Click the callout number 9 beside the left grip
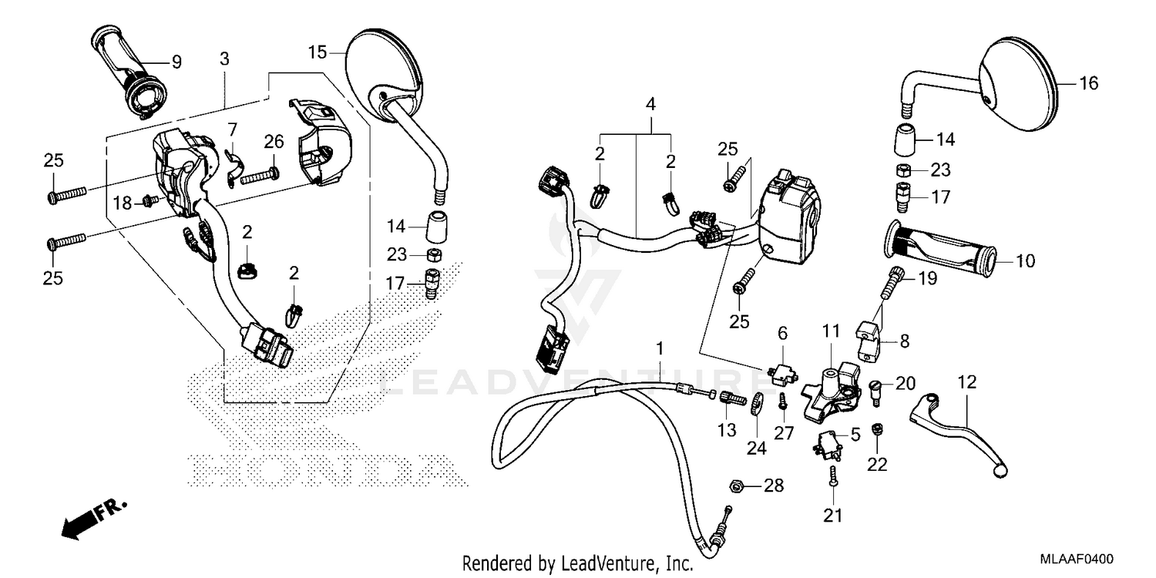(176, 62)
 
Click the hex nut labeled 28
(736, 486)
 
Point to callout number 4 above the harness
(651, 103)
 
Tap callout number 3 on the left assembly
(224, 59)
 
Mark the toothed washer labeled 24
(756, 403)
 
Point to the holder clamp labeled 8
(868, 337)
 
